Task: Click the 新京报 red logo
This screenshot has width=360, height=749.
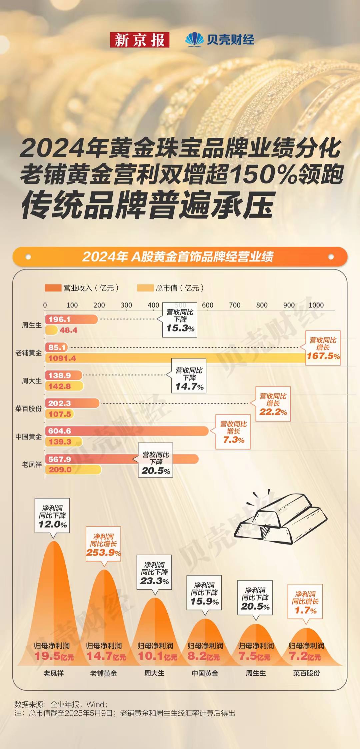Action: point(140,40)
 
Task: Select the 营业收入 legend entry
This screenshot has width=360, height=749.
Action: point(82,288)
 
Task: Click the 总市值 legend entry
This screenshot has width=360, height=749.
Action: point(170,288)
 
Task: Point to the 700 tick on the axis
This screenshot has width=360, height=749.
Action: point(235,305)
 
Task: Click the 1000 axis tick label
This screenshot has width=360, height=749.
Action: point(316,305)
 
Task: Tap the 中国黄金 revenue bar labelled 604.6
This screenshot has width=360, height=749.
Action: point(127,431)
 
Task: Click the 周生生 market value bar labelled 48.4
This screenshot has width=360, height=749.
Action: point(52,330)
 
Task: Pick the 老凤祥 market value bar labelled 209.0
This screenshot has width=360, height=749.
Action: point(73,470)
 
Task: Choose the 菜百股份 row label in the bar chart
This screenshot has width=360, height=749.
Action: point(29,409)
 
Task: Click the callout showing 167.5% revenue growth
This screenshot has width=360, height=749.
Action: point(323,348)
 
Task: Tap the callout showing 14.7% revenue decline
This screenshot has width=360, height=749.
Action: point(189,376)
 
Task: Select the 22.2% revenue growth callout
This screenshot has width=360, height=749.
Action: point(273,404)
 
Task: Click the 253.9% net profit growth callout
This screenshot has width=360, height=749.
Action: point(103,544)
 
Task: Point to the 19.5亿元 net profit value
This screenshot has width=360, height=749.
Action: point(54,656)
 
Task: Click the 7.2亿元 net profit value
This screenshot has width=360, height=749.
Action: point(305,656)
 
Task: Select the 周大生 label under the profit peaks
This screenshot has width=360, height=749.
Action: point(154,673)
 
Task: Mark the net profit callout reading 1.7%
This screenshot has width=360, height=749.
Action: point(305,602)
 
